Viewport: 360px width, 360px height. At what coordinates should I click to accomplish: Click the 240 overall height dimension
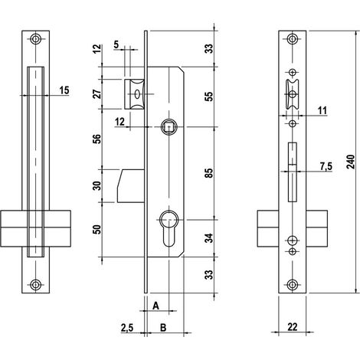(x=352, y=162)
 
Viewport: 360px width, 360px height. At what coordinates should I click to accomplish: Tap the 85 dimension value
(x=209, y=173)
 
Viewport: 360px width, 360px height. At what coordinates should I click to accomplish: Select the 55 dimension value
(x=209, y=97)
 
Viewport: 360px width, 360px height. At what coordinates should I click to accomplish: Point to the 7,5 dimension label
(x=326, y=166)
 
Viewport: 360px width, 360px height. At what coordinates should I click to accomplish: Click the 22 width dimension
(x=293, y=326)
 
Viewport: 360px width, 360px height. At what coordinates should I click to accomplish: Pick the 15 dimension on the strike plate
(x=64, y=90)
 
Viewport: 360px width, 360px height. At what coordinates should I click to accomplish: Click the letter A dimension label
(x=155, y=306)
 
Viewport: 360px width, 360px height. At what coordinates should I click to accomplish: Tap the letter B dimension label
(x=163, y=327)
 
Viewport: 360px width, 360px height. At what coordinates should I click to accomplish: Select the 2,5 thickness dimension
(x=127, y=328)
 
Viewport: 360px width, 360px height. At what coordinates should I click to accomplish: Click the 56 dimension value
(x=97, y=139)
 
